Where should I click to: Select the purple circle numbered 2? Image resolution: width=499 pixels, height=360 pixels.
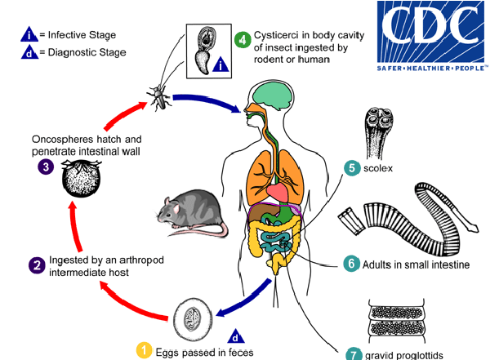[x=36, y=265]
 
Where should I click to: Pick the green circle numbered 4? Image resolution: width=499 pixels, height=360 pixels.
[x=243, y=38]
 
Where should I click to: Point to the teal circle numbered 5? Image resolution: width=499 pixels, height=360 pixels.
[x=352, y=168]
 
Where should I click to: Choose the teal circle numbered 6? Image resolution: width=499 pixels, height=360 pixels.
[x=351, y=264]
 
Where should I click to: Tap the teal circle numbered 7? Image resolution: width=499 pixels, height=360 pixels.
[x=354, y=354]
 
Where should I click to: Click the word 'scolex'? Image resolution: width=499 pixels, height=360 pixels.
[x=381, y=169]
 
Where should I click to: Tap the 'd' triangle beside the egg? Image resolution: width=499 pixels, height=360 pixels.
[x=235, y=336]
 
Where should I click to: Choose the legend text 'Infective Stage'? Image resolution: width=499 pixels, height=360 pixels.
[x=82, y=35]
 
